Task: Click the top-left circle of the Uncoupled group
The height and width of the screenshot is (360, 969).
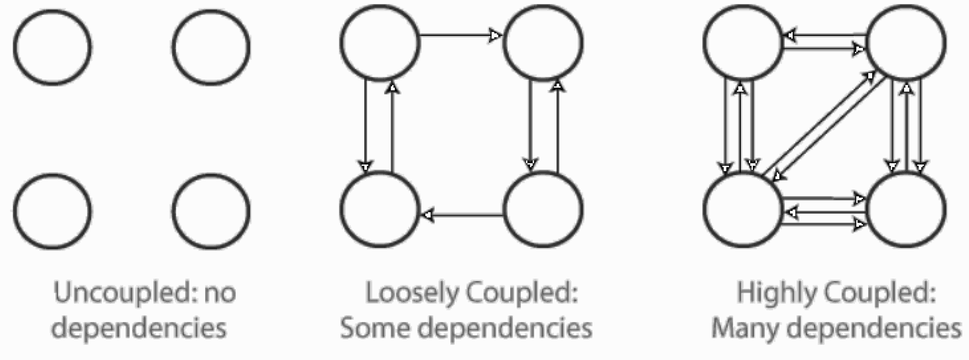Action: coord(53,47)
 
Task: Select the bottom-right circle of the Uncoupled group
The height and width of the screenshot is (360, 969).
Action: coord(211,211)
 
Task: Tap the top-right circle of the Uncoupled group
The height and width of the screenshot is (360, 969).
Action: coord(211,47)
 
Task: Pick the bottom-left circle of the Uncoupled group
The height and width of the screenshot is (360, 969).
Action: coord(53,211)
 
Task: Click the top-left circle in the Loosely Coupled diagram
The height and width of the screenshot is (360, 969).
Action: coord(380,42)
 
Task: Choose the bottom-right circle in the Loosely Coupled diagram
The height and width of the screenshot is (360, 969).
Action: coord(543,210)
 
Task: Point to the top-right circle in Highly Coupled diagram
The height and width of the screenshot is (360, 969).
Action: coord(906,42)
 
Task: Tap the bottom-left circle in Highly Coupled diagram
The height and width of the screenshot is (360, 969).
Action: coord(743,210)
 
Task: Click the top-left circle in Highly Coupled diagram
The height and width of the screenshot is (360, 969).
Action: coord(743,42)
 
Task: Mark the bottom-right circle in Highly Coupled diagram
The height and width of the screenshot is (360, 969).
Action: coord(906,210)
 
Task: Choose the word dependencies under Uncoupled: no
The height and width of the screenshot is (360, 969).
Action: coord(139,328)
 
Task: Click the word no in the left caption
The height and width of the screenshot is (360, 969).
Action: coord(220,293)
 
